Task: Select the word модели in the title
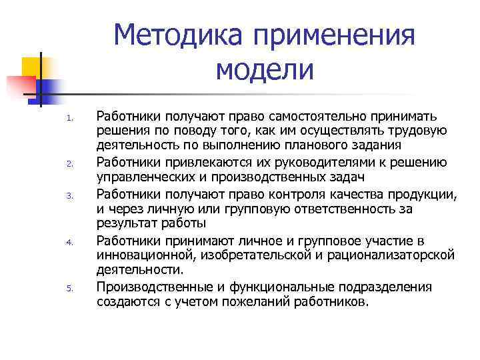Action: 265,69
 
